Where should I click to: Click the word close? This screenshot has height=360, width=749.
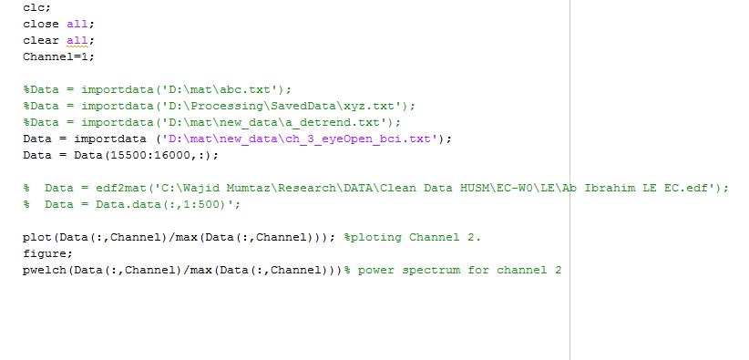point(41,24)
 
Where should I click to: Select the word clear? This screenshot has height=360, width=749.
point(41,40)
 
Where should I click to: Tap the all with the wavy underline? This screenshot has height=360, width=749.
point(77,41)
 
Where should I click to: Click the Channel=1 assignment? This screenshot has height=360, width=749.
point(58,57)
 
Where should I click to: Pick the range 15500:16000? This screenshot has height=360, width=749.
point(150,155)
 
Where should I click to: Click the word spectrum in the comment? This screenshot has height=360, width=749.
point(431,271)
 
